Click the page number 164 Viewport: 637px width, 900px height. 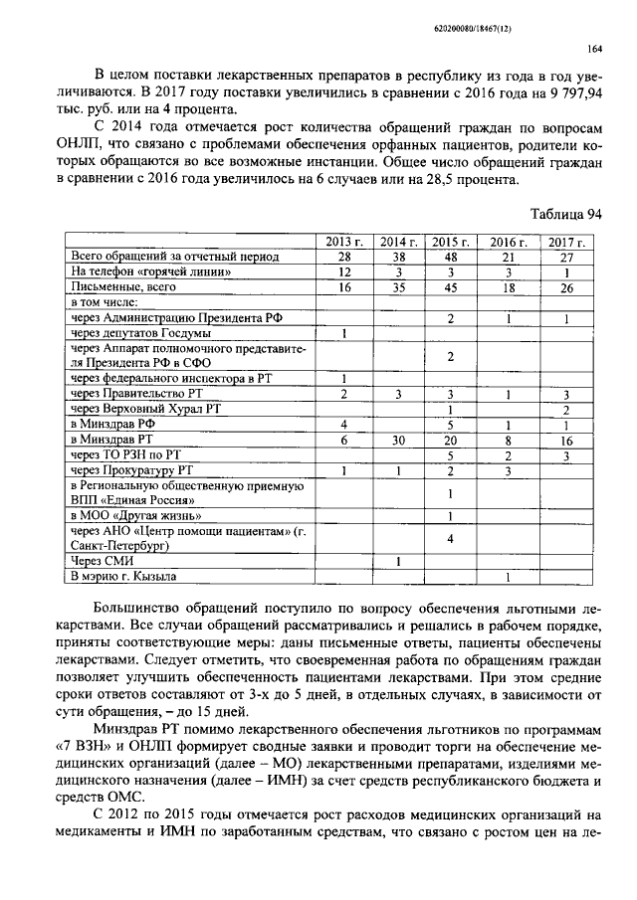(594, 49)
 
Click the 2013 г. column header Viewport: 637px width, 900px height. (344, 242)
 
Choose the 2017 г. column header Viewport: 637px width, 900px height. (565, 242)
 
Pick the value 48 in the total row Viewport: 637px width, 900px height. (452, 257)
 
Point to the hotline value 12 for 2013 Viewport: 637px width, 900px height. (344, 271)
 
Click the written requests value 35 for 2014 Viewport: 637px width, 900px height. (398, 286)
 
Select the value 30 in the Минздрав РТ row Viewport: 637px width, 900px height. (398, 439)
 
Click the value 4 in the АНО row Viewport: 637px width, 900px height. (452, 539)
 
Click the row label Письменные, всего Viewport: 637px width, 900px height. (123, 286)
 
